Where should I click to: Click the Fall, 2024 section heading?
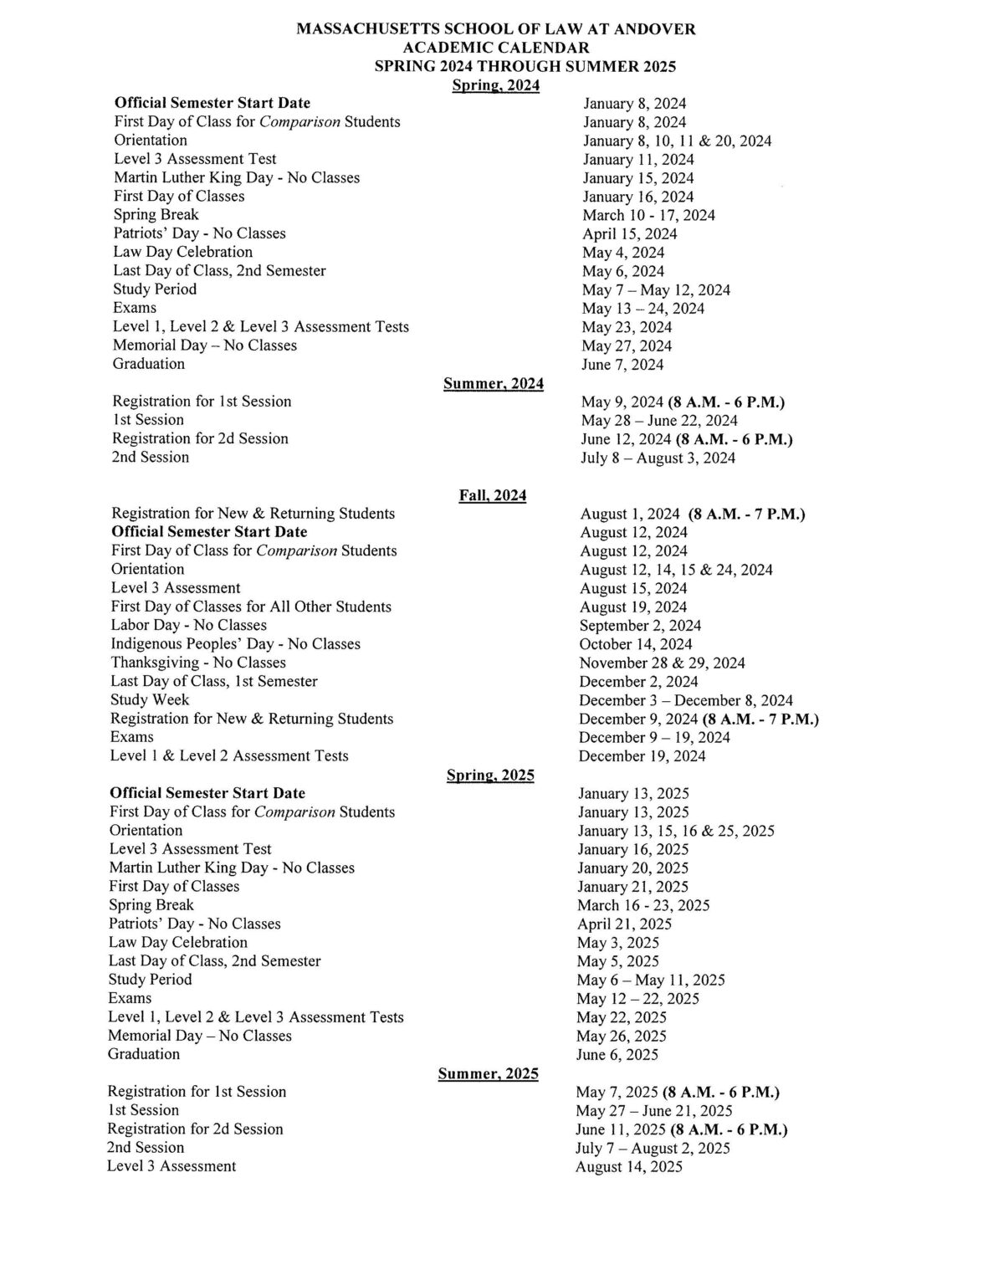(x=492, y=495)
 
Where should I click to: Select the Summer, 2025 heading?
(x=488, y=1073)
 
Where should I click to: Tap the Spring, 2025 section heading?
(x=490, y=775)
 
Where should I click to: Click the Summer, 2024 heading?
(x=493, y=384)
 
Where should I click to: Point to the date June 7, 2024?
(x=622, y=365)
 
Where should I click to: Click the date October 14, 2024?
(x=635, y=644)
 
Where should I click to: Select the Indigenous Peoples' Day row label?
(x=235, y=644)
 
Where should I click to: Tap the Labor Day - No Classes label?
(x=188, y=625)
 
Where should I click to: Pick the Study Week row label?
(x=150, y=699)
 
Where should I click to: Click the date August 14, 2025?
(x=628, y=1166)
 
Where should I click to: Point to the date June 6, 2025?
(x=617, y=1054)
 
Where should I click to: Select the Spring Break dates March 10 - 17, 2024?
(x=648, y=215)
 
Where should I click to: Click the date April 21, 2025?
(x=624, y=924)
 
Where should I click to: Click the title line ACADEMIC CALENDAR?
(x=496, y=48)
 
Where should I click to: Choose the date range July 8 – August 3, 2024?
(x=658, y=458)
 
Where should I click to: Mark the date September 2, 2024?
(x=640, y=625)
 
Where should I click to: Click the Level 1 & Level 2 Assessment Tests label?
(x=229, y=755)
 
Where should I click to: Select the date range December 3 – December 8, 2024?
(x=685, y=700)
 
